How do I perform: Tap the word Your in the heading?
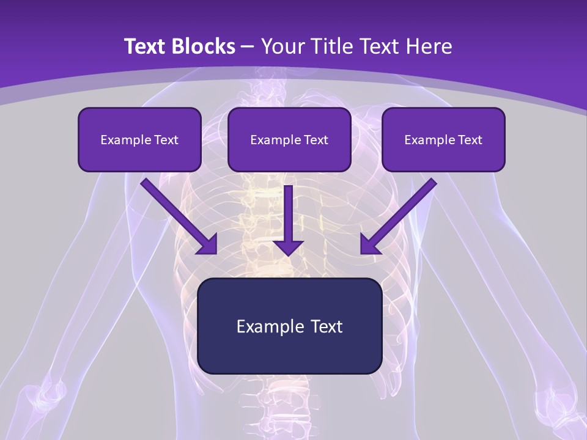click(281, 46)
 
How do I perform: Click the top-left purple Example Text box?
click(139, 139)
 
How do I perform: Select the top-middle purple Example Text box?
click(289, 139)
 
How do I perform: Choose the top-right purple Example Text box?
click(443, 139)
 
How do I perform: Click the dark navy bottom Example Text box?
click(289, 326)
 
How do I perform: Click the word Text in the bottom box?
click(327, 326)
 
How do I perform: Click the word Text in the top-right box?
click(470, 140)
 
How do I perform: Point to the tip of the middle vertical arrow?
click(288, 254)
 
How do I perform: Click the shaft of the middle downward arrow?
click(288, 211)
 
